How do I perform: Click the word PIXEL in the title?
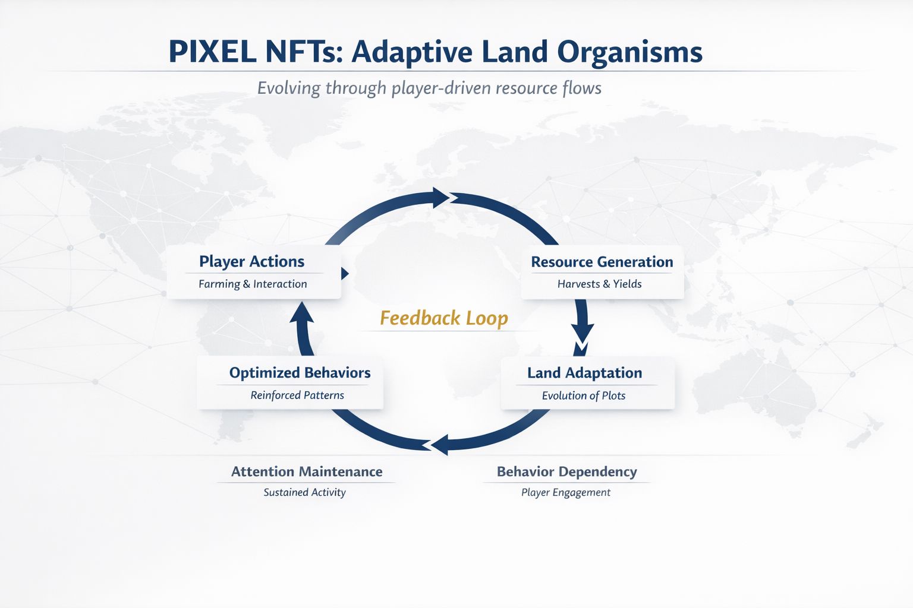pos(212,52)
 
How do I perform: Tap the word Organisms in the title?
pos(630,52)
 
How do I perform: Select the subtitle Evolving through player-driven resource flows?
pos(429,88)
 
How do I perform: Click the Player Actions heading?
pos(251,261)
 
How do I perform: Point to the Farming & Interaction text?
pos(253,284)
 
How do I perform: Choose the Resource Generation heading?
pos(602,262)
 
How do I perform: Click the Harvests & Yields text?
pos(599,284)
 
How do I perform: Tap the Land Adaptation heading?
pos(584,373)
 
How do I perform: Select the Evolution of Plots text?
pos(583,395)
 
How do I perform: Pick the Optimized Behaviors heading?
pos(300,373)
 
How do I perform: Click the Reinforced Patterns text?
pos(297,395)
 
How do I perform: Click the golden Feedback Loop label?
pos(443,318)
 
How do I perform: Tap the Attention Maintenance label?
pos(306,471)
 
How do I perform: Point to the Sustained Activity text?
pos(304,492)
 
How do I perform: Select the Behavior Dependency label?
pos(566,471)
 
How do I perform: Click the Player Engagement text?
pos(565,492)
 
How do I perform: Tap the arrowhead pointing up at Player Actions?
pos(301,312)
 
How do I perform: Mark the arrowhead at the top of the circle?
pos(440,198)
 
